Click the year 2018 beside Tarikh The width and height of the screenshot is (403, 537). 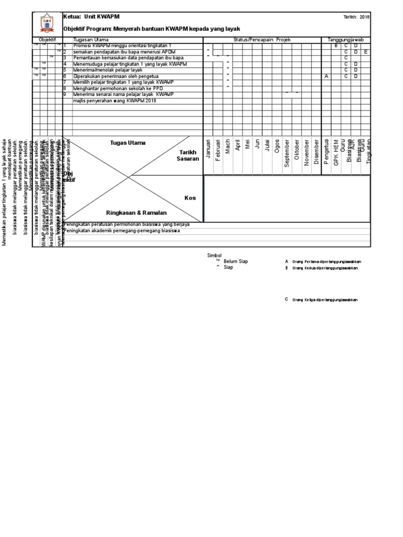pos(365,17)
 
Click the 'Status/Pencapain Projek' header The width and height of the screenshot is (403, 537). pos(262,40)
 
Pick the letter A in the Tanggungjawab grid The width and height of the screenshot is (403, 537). pos(326,76)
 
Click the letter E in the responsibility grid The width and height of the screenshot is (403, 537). pos(366,52)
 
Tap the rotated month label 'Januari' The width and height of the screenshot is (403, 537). pos(208,151)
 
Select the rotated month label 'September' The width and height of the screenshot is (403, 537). pos(287,153)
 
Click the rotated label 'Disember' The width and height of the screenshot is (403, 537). pos(316,152)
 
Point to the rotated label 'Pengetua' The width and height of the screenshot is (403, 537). pos(326,153)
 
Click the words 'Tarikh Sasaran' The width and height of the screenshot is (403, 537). pos(188,155)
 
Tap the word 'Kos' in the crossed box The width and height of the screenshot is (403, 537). pos(189,198)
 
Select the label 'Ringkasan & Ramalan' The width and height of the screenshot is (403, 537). pos(136,213)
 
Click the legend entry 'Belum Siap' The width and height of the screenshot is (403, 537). pos(236,261)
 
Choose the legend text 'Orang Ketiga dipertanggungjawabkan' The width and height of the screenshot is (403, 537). pos(325,299)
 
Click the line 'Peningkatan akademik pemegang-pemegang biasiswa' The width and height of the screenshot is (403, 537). pos(123,231)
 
